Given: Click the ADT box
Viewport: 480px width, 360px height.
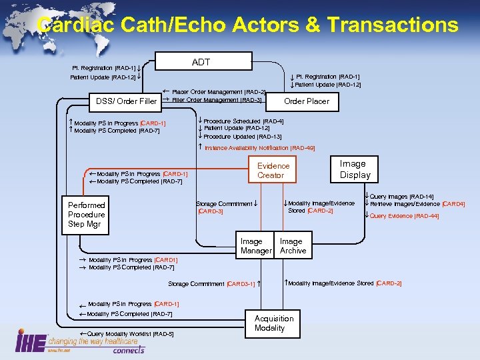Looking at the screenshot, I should click(201, 62).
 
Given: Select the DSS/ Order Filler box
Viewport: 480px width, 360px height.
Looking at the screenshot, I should click(126, 101).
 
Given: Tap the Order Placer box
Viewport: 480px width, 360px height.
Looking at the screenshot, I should click(307, 101).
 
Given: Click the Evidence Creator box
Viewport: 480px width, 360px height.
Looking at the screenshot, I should click(273, 171).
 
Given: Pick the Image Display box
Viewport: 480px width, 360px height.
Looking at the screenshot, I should click(355, 169).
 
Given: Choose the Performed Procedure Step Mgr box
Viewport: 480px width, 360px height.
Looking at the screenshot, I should click(87, 215).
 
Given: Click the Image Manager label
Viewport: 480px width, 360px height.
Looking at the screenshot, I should click(255, 246).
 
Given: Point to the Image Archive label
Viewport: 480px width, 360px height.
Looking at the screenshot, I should click(293, 246).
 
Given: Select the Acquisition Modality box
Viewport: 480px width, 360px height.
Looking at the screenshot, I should click(273, 323).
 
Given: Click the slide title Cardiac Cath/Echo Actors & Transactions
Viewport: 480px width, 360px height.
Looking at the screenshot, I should click(248, 25).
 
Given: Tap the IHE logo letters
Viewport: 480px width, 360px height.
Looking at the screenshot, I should click(30, 342).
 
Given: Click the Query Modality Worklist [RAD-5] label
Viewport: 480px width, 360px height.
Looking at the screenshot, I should click(127, 333).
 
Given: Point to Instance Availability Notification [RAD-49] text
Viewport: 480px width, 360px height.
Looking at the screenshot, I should click(259, 147).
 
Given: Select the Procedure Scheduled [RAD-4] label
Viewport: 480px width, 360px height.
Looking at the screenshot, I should click(243, 121).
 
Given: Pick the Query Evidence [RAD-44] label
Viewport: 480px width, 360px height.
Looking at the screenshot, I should click(404, 216).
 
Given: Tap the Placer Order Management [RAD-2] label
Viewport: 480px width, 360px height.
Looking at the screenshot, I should click(219, 91).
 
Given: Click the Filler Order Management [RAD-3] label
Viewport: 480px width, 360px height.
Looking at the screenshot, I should click(217, 100).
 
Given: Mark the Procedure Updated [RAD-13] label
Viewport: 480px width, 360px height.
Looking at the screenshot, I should click(243, 136).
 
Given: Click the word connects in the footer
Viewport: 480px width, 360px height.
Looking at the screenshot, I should click(128, 350).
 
